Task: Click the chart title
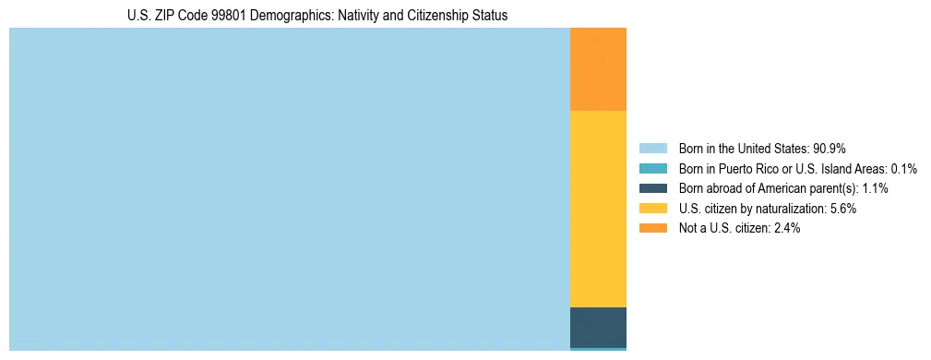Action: coord(317,16)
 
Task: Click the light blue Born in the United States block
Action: coord(290,189)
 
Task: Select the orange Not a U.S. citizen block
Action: coord(598,69)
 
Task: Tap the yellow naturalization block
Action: coord(598,209)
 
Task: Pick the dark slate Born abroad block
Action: coord(598,327)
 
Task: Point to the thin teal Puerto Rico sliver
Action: coord(598,349)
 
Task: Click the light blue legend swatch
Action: coord(652,149)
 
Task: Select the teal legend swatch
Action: coord(652,169)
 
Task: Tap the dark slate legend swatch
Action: coord(652,188)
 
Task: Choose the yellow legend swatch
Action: coord(652,209)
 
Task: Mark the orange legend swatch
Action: coord(652,228)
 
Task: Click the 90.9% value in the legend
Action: coord(830,149)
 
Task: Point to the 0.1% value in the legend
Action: coord(903,169)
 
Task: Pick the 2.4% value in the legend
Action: coord(785,228)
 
